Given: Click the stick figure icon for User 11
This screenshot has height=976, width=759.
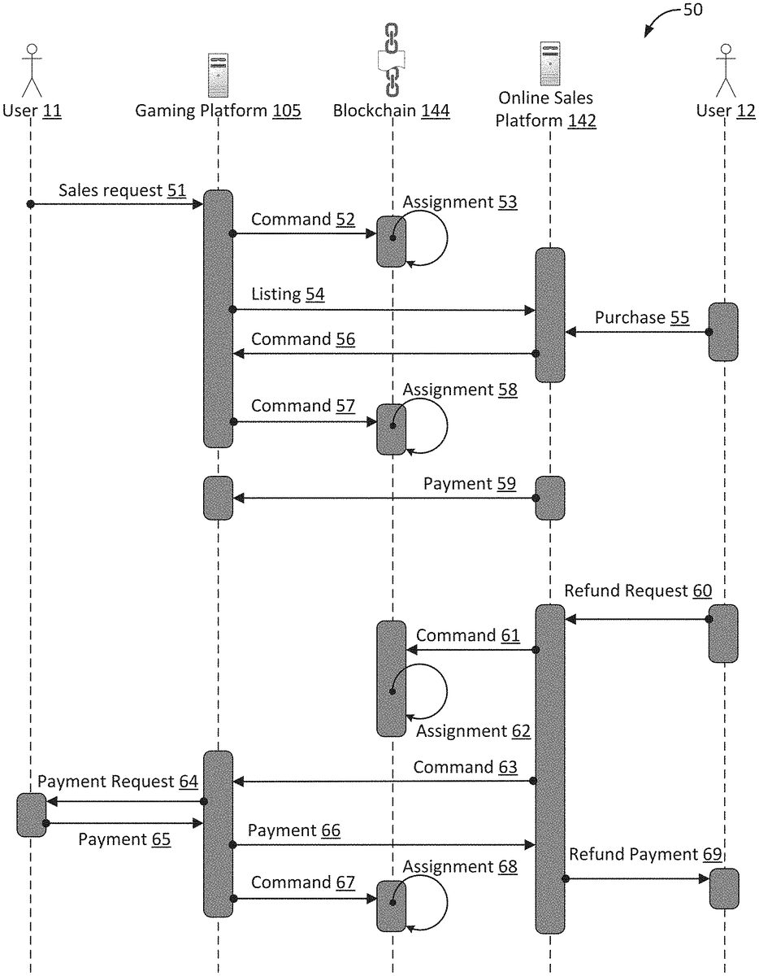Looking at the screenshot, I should [31, 70].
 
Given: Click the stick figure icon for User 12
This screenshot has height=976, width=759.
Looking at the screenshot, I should [725, 70].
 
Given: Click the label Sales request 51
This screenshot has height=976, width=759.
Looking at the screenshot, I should [122, 191].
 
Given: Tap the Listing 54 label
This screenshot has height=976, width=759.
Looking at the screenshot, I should [288, 294].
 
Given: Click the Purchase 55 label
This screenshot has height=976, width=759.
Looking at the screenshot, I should [642, 317].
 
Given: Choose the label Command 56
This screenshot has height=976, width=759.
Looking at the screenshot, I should [302, 339].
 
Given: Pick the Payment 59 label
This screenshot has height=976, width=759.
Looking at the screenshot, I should [469, 484].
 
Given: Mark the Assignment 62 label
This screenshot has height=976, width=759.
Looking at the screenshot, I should [473, 731].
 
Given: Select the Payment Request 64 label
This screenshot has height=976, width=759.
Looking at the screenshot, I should [118, 782].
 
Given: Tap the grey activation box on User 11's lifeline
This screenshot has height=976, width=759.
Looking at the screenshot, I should [31, 815].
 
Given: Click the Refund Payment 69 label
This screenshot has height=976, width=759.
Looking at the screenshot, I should [644, 854].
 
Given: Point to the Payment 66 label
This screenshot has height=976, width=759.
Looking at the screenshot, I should [293, 830].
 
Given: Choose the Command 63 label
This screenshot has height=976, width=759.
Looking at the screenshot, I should [465, 767].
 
